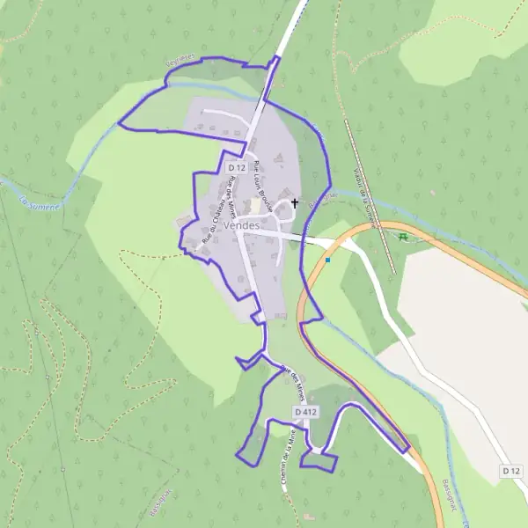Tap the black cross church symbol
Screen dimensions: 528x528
coord(294,204)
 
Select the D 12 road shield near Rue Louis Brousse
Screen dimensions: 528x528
coord(235,167)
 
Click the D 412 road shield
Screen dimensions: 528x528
coord(305,412)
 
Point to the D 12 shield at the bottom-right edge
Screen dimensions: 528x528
coord(512,472)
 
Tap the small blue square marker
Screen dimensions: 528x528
coord(327,260)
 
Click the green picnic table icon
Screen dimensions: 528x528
coord(403,236)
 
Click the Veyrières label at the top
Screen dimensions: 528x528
coord(180,64)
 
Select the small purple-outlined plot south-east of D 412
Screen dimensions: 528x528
coord(318,460)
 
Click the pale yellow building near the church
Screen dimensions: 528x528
coord(256,205)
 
